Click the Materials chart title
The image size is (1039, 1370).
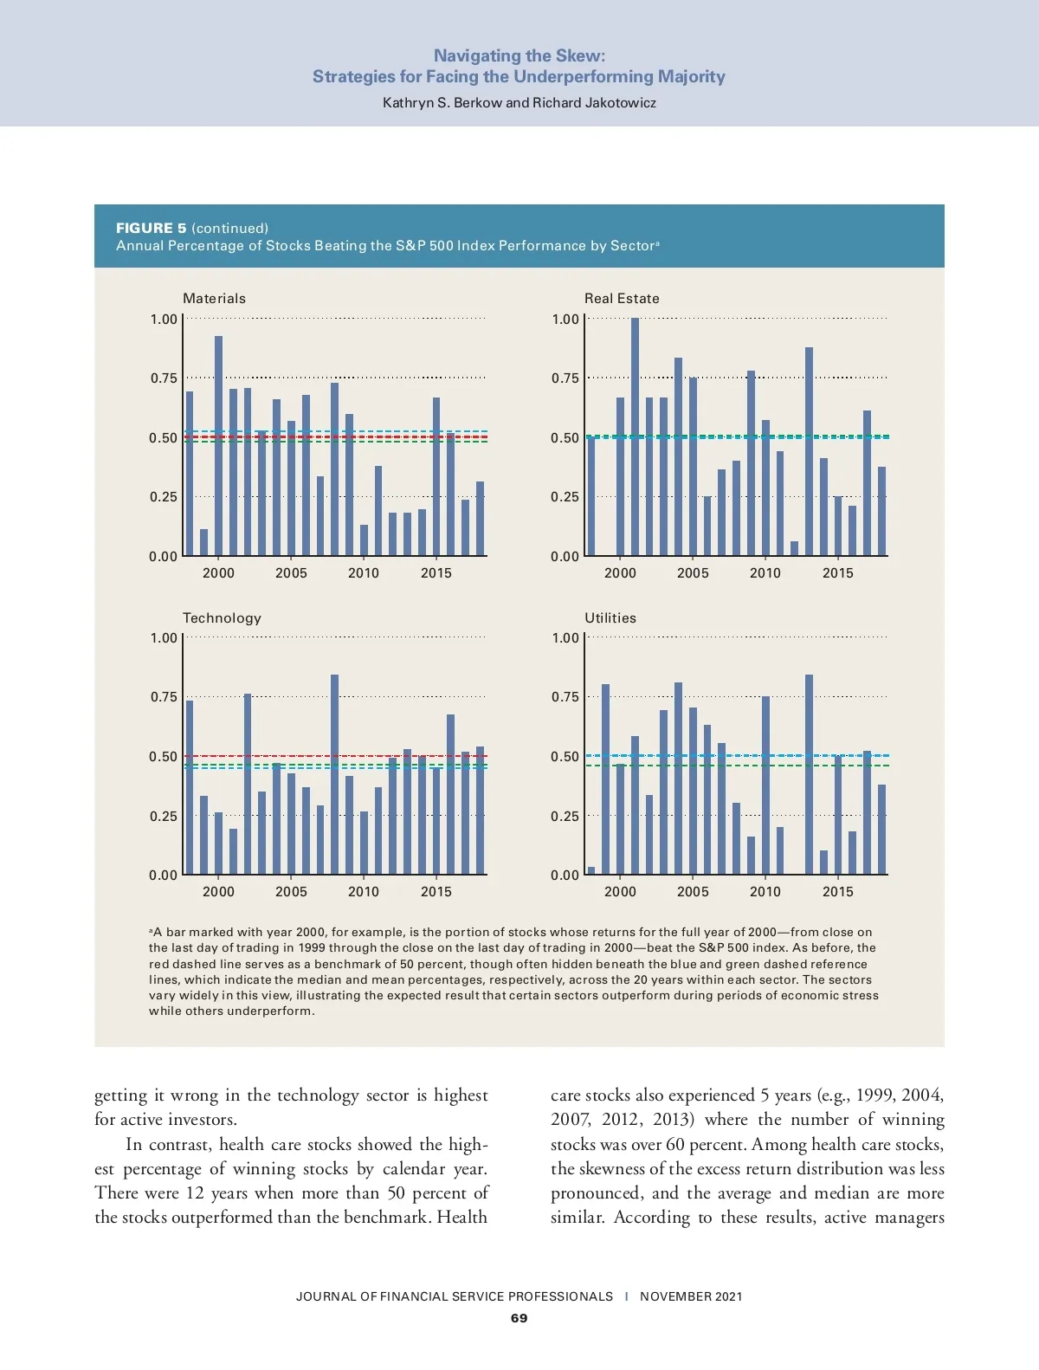coord(214,299)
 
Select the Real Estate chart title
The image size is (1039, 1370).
coord(622,299)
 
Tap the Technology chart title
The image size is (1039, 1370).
coord(222,618)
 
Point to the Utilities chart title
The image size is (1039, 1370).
coord(610,618)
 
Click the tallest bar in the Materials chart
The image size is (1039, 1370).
coord(219,446)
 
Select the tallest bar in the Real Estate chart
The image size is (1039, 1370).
coord(635,437)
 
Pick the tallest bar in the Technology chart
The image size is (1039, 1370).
coord(335,775)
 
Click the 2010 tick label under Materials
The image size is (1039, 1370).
coord(364,573)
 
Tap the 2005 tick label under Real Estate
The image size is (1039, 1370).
coord(693,573)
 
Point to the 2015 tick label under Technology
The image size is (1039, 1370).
coord(436,892)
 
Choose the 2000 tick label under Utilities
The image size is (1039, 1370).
coord(620,892)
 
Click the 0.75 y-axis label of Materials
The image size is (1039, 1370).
coord(163,378)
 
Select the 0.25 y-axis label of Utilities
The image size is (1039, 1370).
coord(565,816)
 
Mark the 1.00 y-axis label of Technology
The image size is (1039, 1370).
coord(163,638)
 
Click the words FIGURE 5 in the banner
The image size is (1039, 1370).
coord(151,229)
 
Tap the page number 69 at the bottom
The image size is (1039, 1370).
coord(519,1318)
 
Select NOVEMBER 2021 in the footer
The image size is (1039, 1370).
coord(691,1296)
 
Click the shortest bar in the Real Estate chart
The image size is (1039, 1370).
coord(794,549)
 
